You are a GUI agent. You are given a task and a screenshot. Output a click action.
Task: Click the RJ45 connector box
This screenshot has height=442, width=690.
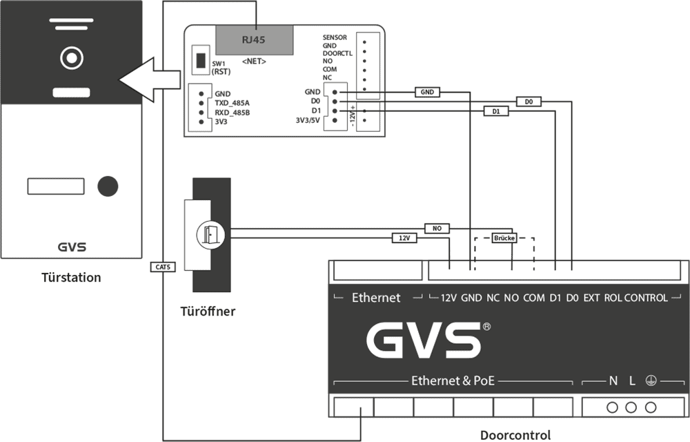253,40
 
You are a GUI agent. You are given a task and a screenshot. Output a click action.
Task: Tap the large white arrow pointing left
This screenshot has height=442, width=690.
150,79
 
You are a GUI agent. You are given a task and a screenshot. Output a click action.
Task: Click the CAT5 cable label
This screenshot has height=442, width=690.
163,267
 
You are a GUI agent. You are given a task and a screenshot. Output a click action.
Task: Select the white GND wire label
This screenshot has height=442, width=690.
427,92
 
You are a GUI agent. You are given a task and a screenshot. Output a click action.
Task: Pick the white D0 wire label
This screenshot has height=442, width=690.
529,102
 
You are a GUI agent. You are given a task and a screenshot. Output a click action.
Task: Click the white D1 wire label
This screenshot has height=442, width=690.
495,110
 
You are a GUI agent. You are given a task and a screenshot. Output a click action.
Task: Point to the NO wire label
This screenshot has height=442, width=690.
437,229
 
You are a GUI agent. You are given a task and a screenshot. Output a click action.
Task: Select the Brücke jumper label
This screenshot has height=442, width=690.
504,238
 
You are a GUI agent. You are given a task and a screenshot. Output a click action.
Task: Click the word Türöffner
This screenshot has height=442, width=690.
208,311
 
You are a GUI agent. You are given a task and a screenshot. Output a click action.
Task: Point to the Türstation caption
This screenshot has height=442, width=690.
71,278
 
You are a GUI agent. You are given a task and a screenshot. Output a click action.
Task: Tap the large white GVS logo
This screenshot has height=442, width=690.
423,340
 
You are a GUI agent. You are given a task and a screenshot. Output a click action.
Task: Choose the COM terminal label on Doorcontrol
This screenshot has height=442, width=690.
533,298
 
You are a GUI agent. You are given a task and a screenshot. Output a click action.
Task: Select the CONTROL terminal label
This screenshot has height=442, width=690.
646,298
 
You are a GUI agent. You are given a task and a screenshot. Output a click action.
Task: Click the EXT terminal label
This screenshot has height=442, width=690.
591,298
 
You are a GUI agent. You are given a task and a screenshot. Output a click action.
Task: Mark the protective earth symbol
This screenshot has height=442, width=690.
651,381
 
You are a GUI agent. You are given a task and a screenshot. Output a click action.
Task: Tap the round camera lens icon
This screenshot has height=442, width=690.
71,58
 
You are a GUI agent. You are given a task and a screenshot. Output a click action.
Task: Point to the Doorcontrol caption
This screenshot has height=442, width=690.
515,435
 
